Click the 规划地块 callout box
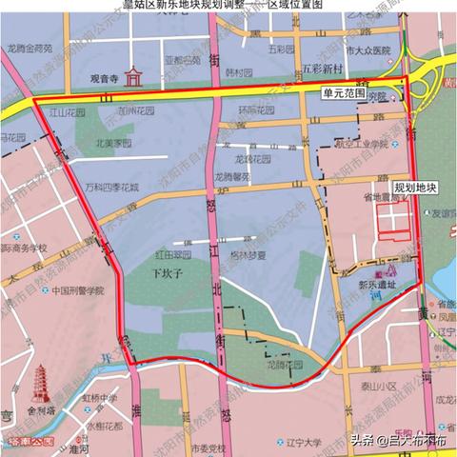click(x=414, y=188)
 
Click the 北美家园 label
click(x=98, y=146)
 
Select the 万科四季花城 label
click(x=111, y=189)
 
